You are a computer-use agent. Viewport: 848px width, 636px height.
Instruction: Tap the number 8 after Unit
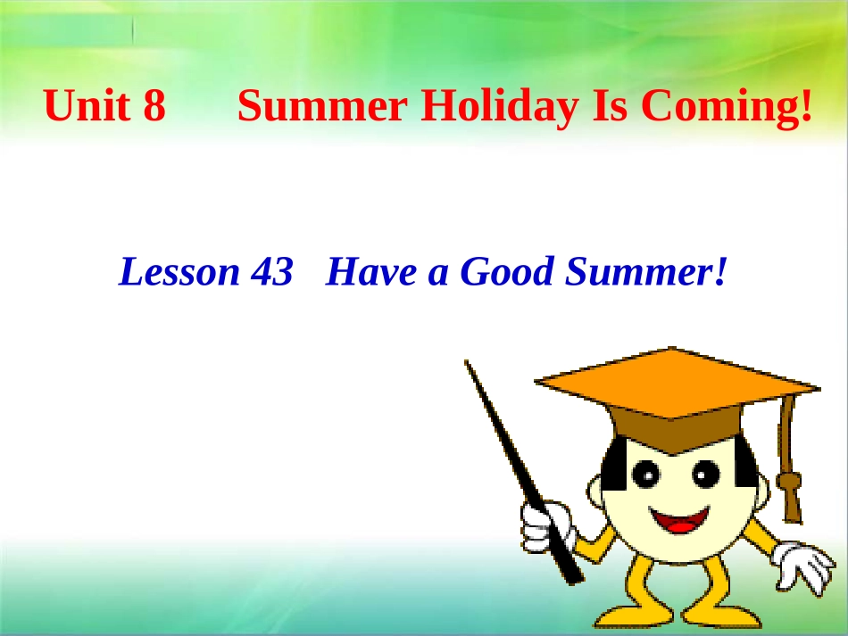(x=154, y=107)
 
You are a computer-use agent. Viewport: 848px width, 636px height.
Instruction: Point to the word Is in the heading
(x=609, y=107)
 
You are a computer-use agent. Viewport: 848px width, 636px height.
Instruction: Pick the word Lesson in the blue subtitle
(x=179, y=272)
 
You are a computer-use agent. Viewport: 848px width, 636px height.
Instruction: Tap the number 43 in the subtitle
(x=271, y=272)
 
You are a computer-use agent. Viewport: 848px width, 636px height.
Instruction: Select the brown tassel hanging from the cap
(x=789, y=486)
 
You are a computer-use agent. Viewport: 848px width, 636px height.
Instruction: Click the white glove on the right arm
(x=803, y=565)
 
